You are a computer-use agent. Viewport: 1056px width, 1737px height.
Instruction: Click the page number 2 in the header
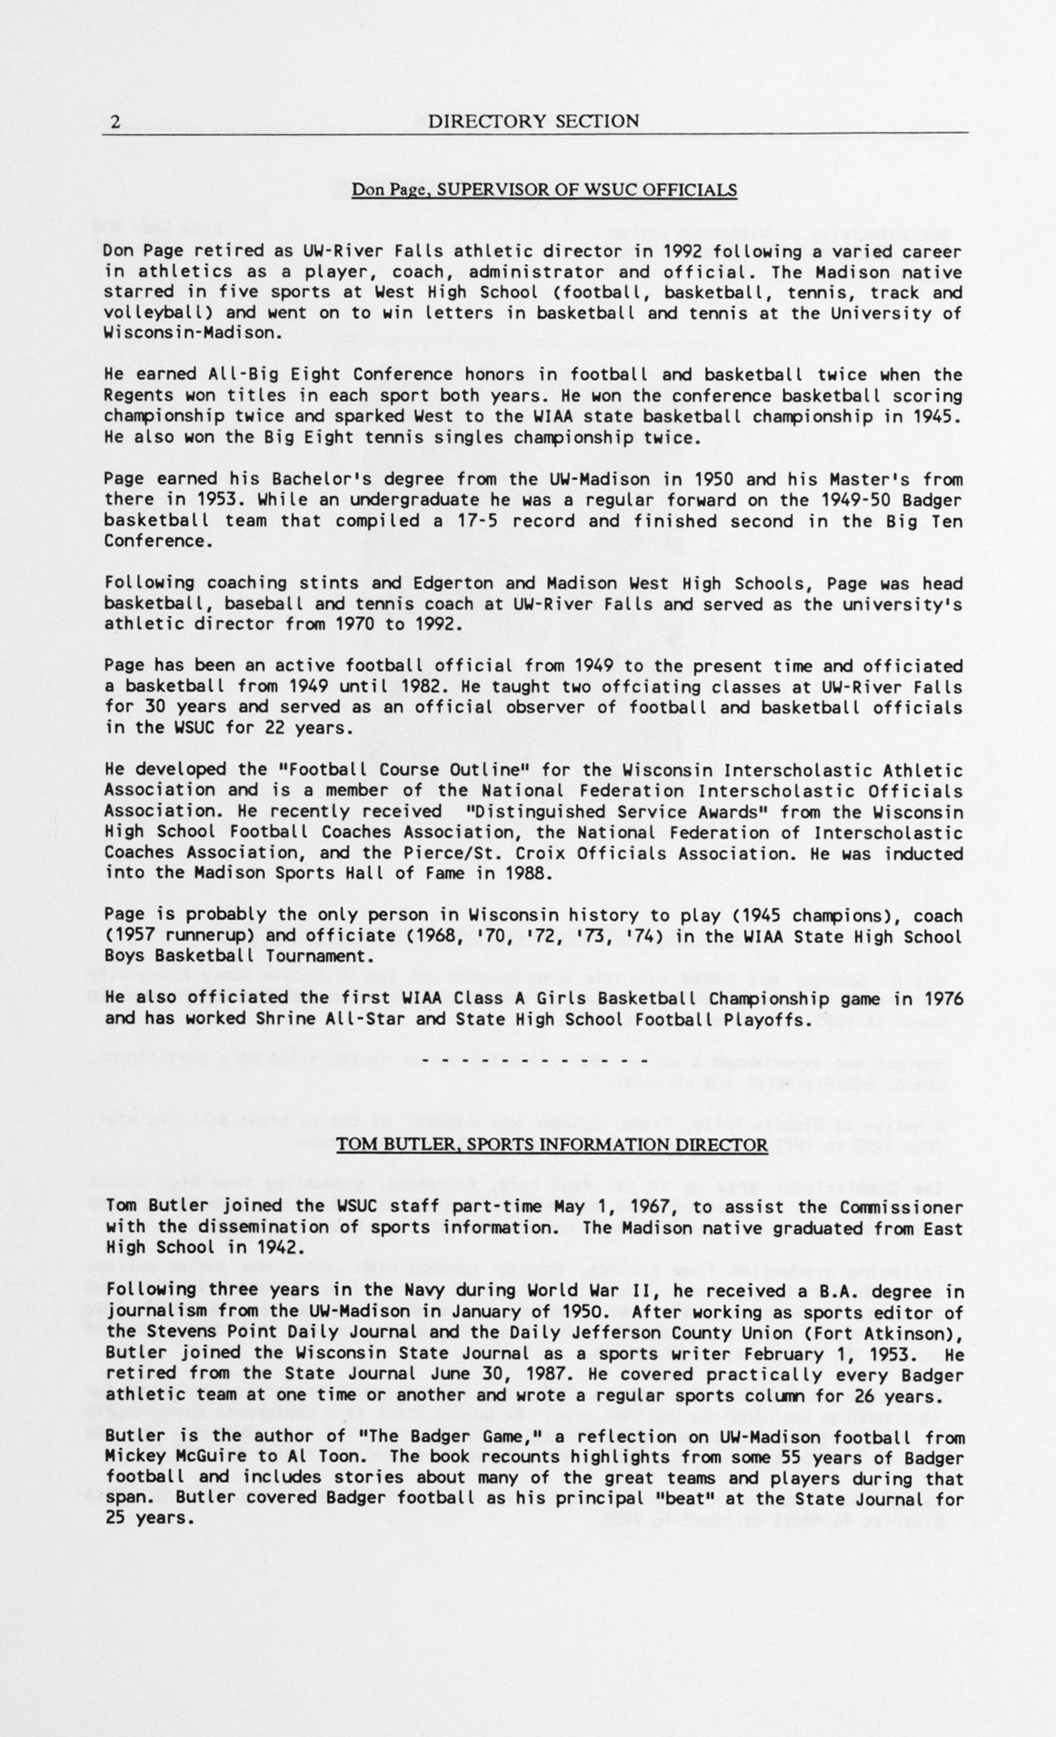(116, 122)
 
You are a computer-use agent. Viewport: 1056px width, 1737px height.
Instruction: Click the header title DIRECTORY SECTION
(533, 121)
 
